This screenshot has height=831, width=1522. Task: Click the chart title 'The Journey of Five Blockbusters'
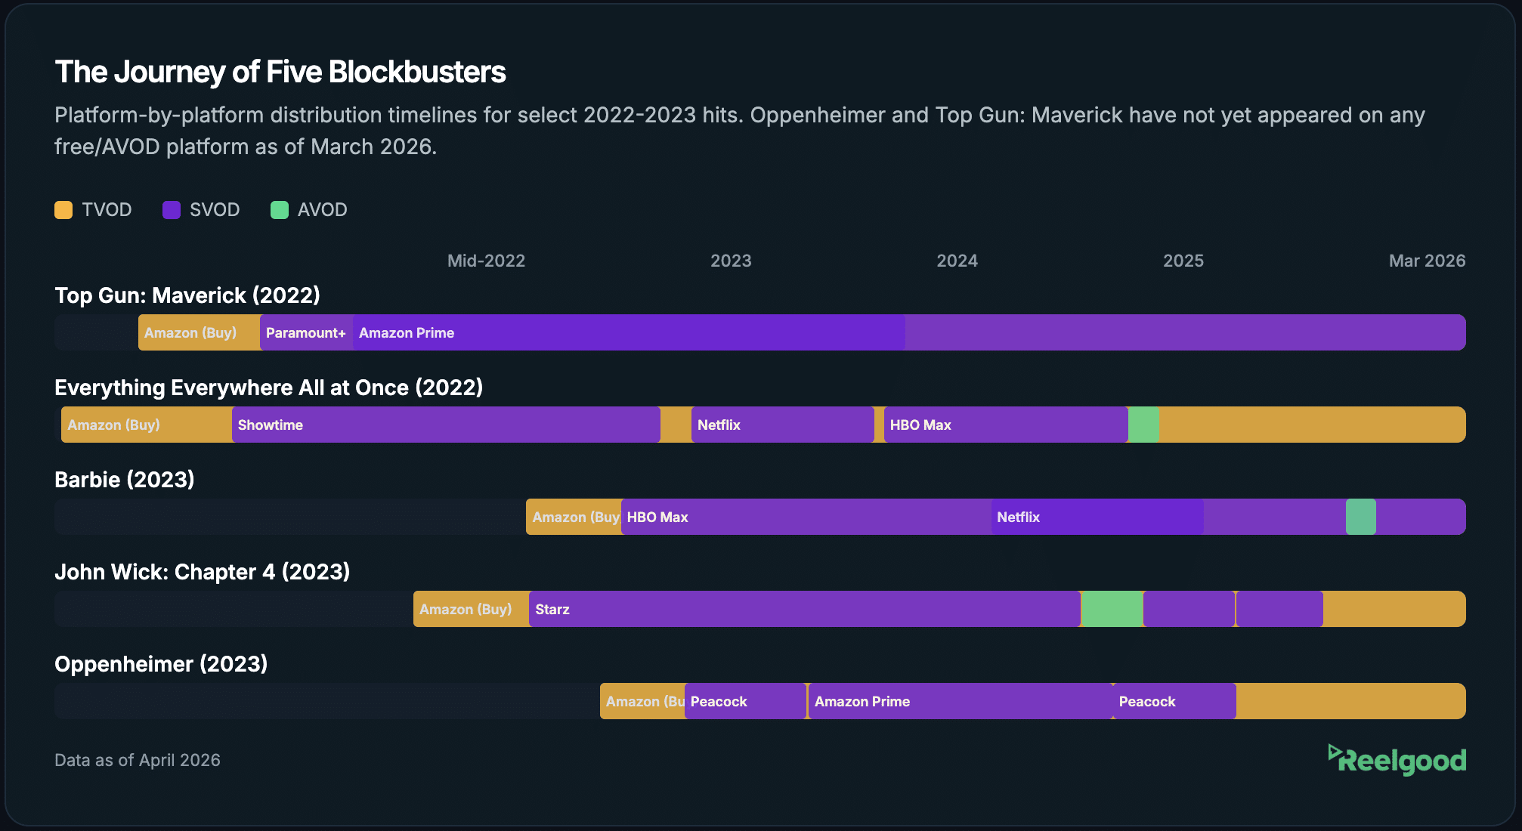280,73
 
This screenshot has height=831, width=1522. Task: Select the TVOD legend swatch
63,210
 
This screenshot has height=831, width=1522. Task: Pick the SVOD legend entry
201,210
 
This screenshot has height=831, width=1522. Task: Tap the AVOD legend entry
308,210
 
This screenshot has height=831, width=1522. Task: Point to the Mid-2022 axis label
486,261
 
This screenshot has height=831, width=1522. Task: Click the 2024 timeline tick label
957,261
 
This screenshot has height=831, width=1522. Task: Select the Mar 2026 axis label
1426,261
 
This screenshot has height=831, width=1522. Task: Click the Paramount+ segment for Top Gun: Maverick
306,332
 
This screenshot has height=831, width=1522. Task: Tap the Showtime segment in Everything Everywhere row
446,425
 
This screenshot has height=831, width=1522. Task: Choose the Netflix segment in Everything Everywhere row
782,425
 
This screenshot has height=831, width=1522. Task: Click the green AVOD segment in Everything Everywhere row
1143,425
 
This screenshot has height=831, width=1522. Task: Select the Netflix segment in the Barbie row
1097,517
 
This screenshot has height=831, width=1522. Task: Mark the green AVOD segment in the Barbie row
1360,517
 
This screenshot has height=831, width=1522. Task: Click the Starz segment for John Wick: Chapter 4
804,609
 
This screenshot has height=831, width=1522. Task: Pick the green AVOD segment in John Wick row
1112,609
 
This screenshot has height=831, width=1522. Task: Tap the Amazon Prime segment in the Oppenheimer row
960,701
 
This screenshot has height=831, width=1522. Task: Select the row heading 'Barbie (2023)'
125,480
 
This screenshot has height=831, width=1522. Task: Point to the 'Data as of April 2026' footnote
138,760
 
